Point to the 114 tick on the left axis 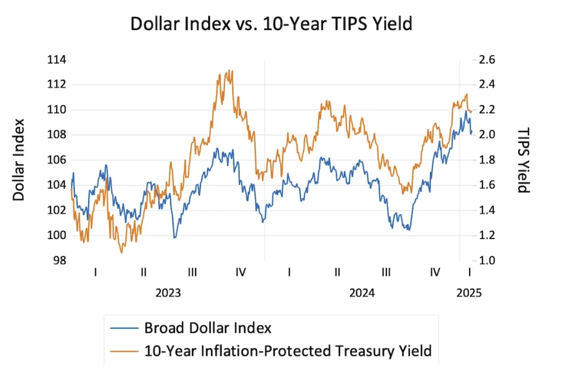(56, 60)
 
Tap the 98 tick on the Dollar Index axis (59, 261)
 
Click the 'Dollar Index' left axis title (19, 159)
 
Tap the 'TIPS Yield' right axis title (523, 160)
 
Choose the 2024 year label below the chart (361, 293)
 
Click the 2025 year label (469, 293)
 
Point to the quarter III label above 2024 (386, 273)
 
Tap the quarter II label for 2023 (144, 273)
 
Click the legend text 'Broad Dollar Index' (207, 328)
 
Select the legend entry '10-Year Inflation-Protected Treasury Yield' (288, 351)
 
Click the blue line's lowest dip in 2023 (174, 237)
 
